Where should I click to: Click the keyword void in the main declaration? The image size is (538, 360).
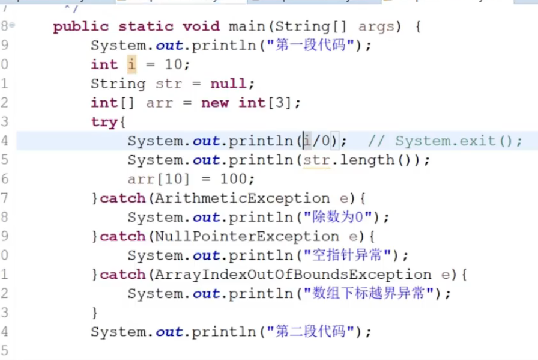[201, 27]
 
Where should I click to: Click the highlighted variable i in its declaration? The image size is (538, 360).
[131, 64]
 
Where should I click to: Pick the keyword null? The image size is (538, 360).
[228, 84]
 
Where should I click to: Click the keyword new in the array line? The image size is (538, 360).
[215, 103]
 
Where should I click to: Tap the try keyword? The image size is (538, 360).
[104, 122]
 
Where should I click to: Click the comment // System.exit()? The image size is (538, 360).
[445, 141]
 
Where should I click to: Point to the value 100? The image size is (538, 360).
[237, 179]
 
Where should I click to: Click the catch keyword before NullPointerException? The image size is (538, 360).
[122, 237]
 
